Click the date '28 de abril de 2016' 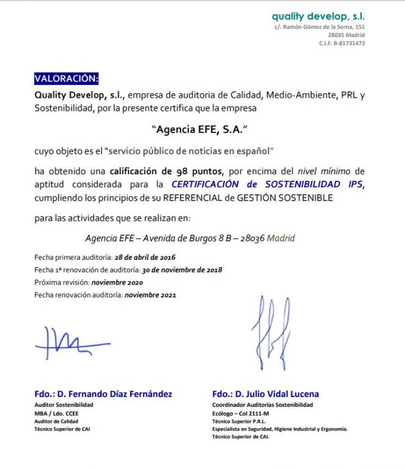click(x=144, y=257)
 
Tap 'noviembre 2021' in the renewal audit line click(x=150, y=295)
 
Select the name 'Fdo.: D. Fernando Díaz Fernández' click(x=104, y=394)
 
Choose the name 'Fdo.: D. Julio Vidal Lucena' click(x=265, y=394)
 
